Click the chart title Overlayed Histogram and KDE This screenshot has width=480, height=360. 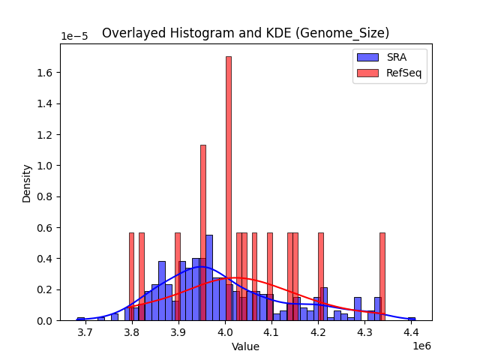245,33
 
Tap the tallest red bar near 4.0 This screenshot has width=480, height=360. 229,187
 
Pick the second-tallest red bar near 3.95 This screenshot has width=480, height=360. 203,232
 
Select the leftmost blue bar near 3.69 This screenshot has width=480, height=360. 81,319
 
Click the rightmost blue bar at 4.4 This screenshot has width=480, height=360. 411,319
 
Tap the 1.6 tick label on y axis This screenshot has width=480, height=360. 45,73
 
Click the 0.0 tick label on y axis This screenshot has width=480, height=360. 45,321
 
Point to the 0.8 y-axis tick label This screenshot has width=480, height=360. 45,197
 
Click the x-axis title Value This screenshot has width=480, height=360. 245,346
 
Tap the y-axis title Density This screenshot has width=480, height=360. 27,183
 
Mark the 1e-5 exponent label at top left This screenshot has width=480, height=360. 74,36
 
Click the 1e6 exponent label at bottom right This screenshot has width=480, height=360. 421,346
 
